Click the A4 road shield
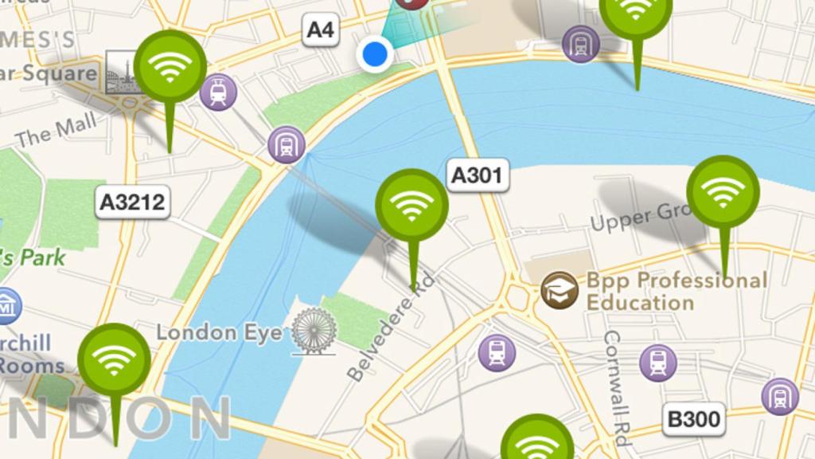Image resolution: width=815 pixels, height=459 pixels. pos(320,30)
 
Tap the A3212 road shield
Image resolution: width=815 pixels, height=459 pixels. pos(132,202)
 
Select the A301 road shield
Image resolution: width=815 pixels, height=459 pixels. pos(477,175)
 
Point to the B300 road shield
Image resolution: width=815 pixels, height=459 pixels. pos(692,419)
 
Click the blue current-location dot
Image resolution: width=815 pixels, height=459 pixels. pos(374,54)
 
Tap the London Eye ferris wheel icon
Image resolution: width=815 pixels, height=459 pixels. pos(314,331)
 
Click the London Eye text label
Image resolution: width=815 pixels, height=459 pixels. pos(219,332)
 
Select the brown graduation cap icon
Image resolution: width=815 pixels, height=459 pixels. pos(559,290)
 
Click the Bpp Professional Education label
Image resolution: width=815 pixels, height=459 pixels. pos(676,292)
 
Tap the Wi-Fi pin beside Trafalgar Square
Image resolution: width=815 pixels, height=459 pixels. pos(170,67)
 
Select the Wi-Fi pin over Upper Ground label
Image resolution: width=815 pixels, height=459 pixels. pos(723,192)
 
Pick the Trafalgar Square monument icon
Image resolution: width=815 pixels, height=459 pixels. pos(122,73)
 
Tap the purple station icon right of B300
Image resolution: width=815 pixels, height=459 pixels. pos(779,396)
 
